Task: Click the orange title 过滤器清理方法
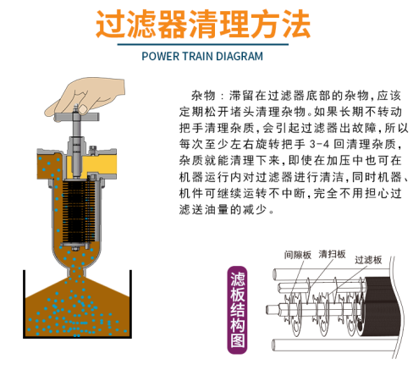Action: coord(203,24)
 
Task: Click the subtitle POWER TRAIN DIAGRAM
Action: coord(202,56)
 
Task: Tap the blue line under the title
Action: coord(203,44)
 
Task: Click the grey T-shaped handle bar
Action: coord(77,117)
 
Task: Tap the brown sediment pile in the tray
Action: coord(77,306)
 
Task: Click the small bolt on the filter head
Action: coord(92,150)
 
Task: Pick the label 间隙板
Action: coord(298,255)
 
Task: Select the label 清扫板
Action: coord(332,254)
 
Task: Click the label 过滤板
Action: coord(368,260)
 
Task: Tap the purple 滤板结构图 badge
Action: coord(237,310)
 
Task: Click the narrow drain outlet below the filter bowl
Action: coord(77,273)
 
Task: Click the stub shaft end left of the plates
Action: coord(272,309)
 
